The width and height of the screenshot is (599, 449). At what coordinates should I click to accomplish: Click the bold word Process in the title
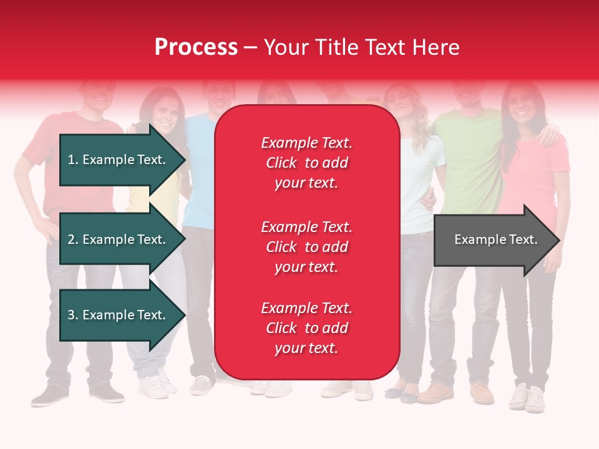(196, 47)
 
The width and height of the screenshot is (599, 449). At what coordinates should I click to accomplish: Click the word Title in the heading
(336, 47)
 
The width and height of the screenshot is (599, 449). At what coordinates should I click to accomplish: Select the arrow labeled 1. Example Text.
(119, 160)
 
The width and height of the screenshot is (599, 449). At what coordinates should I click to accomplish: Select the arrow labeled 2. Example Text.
(119, 239)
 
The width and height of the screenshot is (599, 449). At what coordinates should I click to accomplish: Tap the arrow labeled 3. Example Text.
(119, 315)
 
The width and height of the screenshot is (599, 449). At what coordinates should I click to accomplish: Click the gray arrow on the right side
(493, 240)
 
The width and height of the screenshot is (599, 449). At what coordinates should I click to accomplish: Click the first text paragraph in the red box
(306, 163)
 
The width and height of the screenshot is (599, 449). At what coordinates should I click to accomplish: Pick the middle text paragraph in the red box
(306, 247)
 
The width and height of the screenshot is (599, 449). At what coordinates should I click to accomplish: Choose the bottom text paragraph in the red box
(306, 328)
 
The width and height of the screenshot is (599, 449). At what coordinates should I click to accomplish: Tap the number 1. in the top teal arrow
(73, 160)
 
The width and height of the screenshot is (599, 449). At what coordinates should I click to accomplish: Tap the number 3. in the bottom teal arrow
(73, 315)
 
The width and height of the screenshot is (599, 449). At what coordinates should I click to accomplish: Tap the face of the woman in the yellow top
(163, 115)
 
